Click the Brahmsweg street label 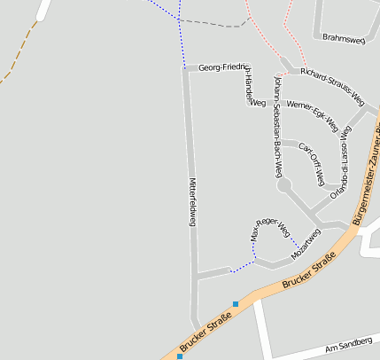(345, 39)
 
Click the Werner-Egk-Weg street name (313, 114)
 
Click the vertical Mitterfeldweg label (192, 201)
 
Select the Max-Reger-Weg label (269, 230)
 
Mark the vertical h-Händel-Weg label (250, 89)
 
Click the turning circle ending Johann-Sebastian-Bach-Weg (284, 185)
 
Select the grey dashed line (213, 23)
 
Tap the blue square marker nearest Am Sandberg (236, 304)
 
